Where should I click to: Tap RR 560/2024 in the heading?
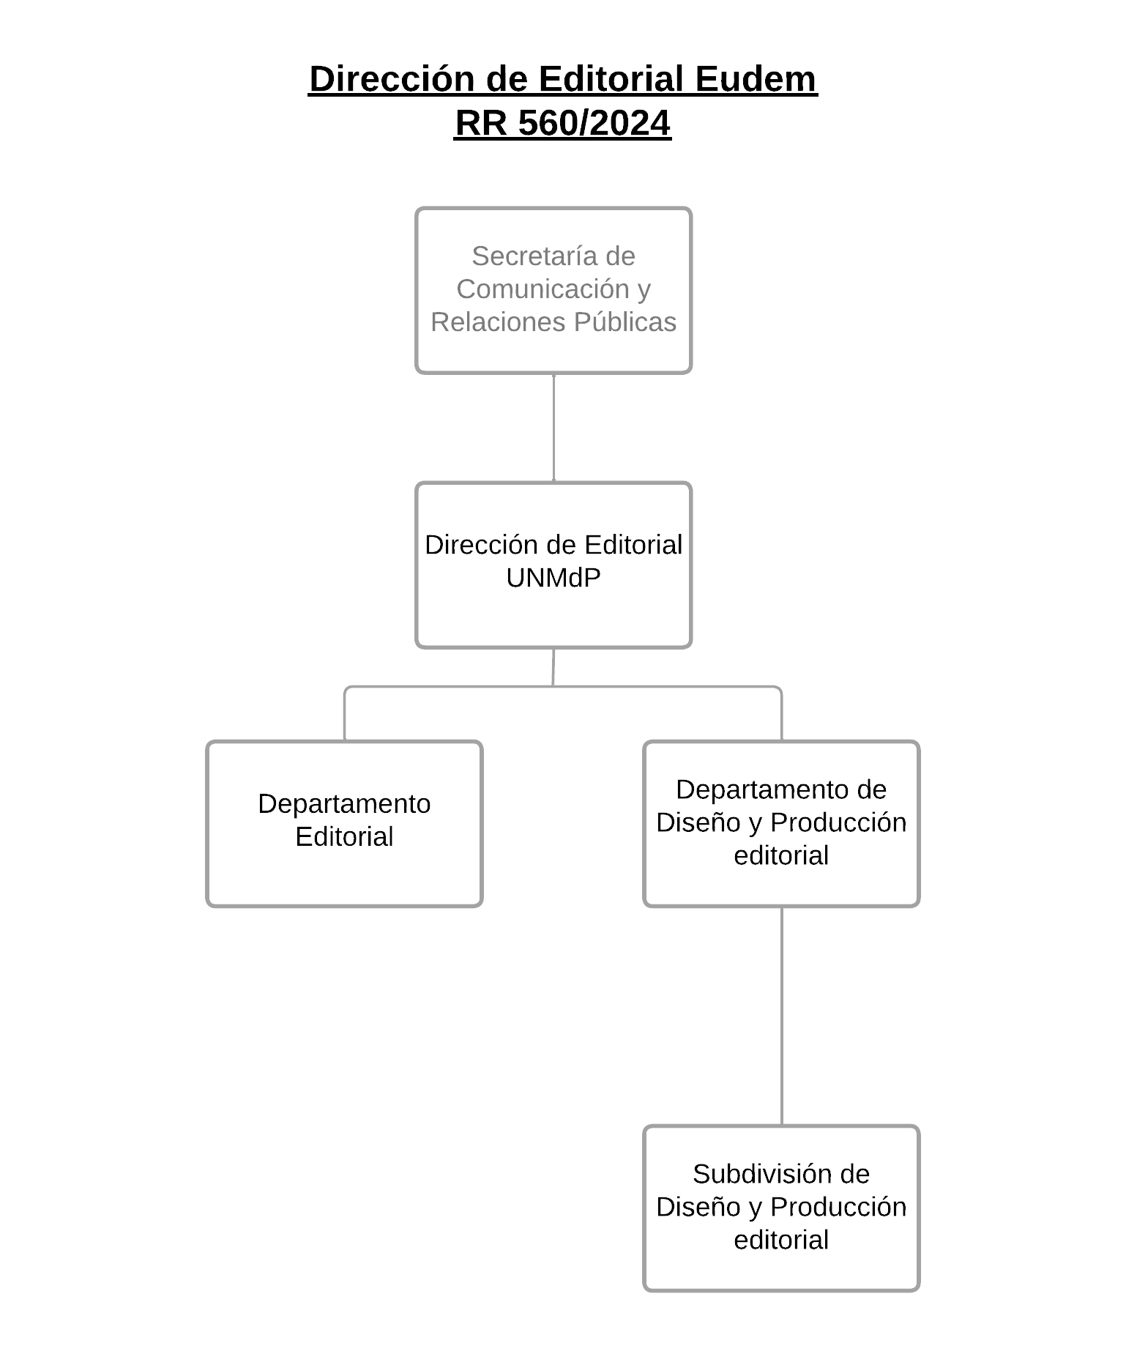[562, 123]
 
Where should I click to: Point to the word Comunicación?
[543, 289]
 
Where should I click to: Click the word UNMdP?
[553, 579]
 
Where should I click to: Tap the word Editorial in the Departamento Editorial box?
[344, 837]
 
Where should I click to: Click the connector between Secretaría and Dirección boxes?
[553, 428]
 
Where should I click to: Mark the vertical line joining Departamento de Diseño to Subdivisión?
[781, 1016]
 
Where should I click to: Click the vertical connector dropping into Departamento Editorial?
[344, 715]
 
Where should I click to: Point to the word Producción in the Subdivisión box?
[838, 1208]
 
